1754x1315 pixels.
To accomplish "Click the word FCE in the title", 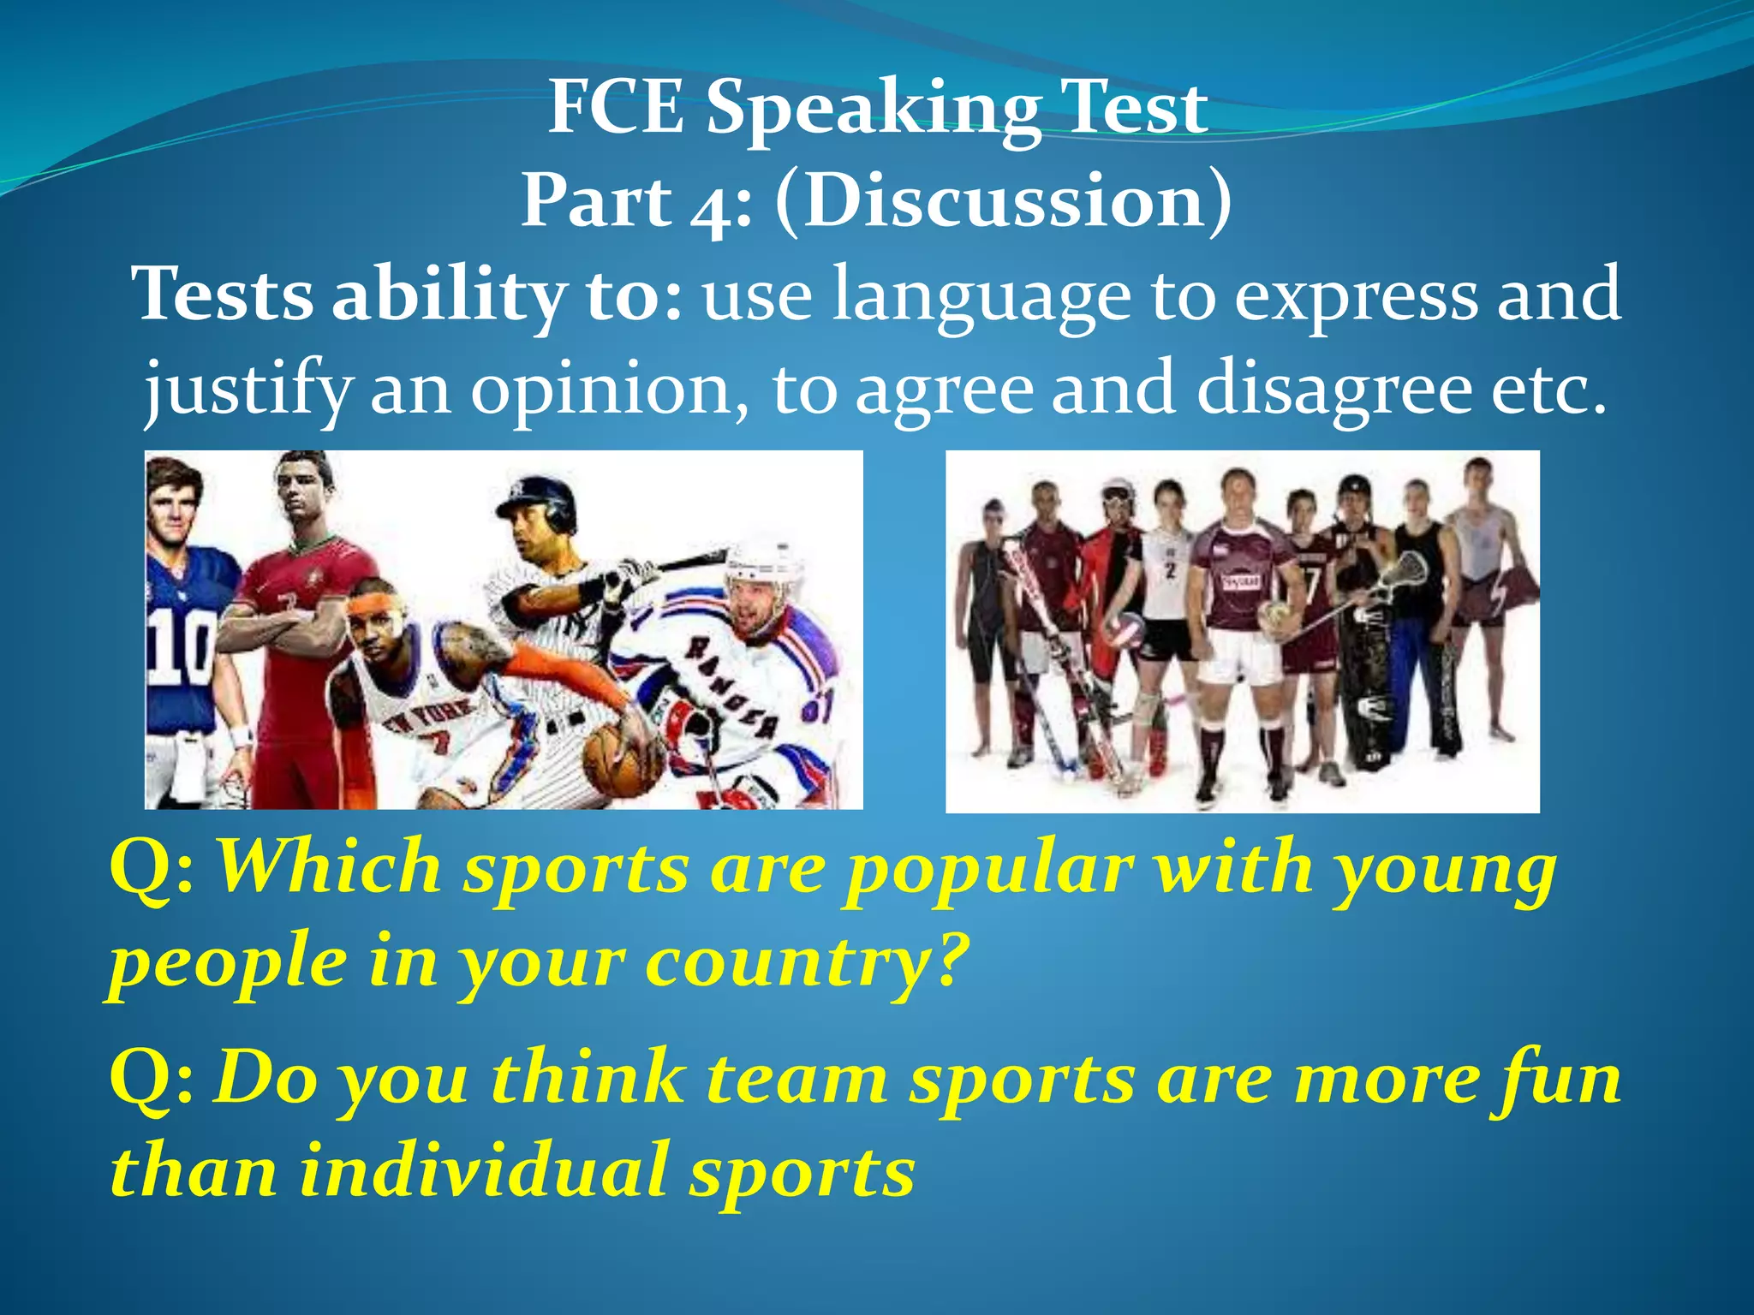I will [616, 108].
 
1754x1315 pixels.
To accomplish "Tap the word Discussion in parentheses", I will [1004, 202].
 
